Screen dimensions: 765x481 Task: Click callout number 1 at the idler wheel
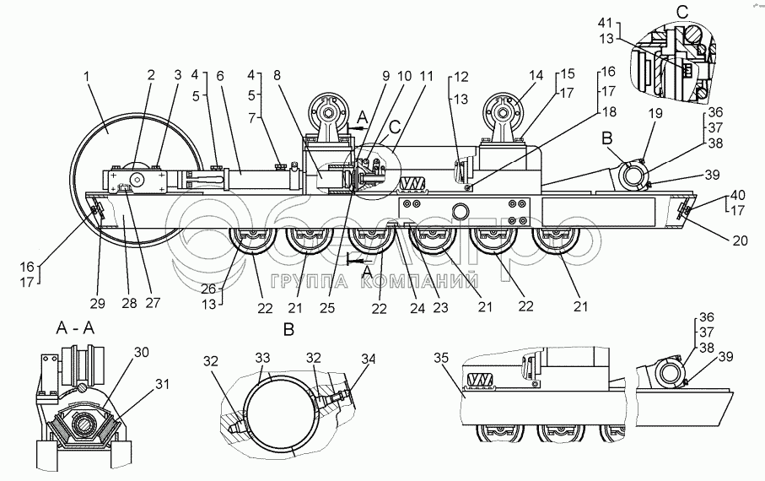click(x=86, y=77)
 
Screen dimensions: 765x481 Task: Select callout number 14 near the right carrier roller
click(x=536, y=75)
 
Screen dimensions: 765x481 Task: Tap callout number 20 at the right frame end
click(x=740, y=240)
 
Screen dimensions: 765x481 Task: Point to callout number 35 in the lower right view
click(x=441, y=358)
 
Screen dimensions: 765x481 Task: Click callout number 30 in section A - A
click(x=141, y=352)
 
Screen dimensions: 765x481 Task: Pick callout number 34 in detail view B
click(x=369, y=359)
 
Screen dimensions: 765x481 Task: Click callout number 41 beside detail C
click(x=605, y=23)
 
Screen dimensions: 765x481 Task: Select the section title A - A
click(x=75, y=328)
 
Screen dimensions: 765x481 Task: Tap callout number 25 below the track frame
click(x=327, y=308)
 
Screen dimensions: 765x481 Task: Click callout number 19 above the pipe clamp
click(x=655, y=113)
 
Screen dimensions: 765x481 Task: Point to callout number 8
click(x=277, y=75)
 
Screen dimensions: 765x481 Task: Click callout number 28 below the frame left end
click(x=129, y=303)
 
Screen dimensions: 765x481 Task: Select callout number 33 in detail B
click(x=262, y=358)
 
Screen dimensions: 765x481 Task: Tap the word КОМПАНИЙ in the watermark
click(x=419, y=281)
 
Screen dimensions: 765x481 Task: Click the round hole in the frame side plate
click(x=460, y=212)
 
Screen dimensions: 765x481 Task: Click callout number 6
click(x=219, y=75)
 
